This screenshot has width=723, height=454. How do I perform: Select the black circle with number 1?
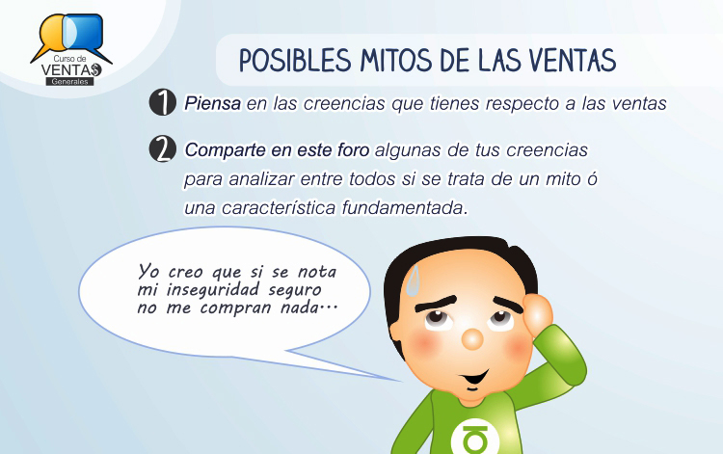(163, 102)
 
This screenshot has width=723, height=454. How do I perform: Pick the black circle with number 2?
(163, 148)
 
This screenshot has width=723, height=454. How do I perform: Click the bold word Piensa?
(213, 104)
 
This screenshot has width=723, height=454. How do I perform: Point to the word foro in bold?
(354, 149)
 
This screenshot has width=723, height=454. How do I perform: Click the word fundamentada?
(404, 208)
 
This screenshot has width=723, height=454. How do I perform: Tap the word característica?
(279, 208)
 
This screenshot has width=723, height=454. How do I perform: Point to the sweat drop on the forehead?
(414, 280)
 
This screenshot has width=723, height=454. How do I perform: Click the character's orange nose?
(472, 338)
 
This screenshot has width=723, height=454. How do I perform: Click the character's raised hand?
(539, 314)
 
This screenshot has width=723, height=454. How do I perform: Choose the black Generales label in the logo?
(69, 82)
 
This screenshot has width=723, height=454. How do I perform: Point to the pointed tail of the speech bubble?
(400, 381)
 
